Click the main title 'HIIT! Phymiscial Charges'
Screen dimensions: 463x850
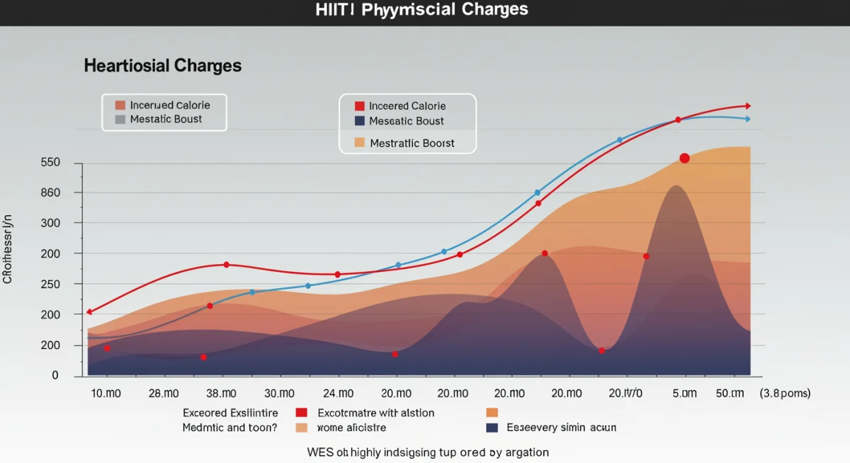(x=422, y=10)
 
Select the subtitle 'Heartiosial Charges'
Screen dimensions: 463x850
(x=162, y=66)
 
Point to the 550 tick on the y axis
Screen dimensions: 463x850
(x=51, y=163)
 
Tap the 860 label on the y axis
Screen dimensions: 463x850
(x=51, y=193)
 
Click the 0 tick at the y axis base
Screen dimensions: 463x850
(x=55, y=375)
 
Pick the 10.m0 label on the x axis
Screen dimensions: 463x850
(x=106, y=393)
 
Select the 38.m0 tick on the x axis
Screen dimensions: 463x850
(x=220, y=393)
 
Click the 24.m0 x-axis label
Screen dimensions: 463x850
(x=338, y=393)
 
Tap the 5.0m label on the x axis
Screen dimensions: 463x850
(x=684, y=393)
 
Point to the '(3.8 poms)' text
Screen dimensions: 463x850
(x=785, y=393)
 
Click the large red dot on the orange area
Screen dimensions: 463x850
(x=684, y=158)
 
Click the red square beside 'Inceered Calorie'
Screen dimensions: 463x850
(x=359, y=106)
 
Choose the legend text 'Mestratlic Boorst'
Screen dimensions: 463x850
(x=412, y=143)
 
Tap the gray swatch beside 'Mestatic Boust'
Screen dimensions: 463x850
(x=120, y=120)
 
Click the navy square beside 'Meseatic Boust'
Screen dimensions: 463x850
(x=359, y=121)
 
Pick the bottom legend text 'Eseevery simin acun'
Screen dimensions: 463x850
(x=562, y=428)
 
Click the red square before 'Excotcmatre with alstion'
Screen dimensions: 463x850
(x=301, y=413)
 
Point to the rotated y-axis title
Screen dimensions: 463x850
(x=8, y=248)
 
